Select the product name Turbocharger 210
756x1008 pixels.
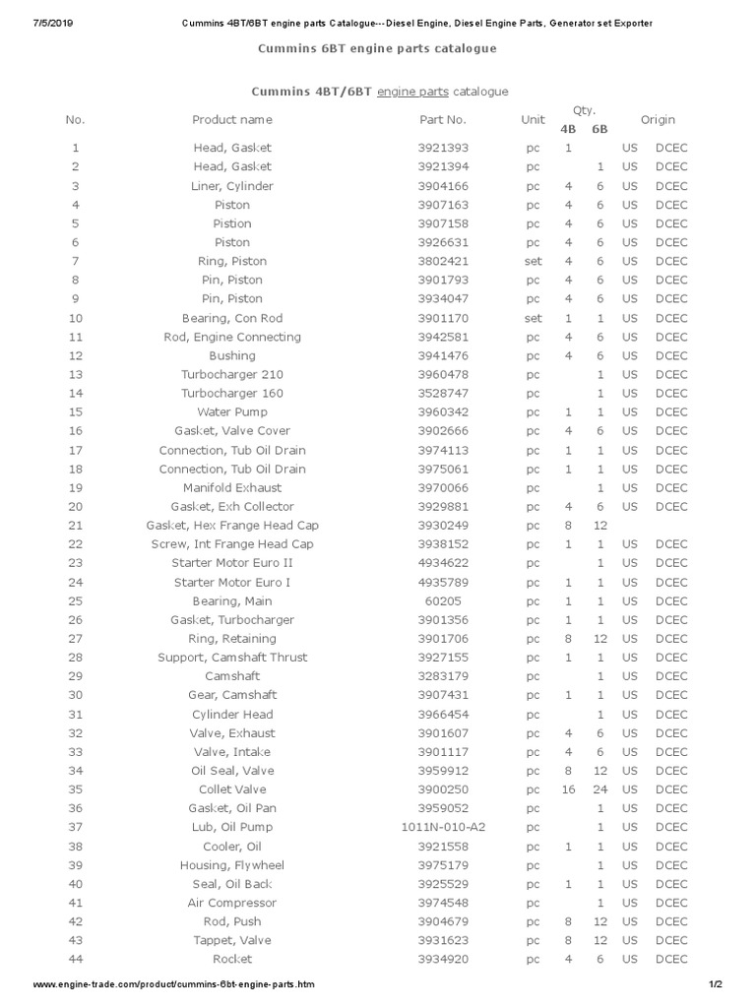(x=232, y=374)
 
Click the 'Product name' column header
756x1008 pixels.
(x=232, y=120)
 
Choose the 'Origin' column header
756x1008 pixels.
(x=658, y=120)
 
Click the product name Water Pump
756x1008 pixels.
(x=232, y=411)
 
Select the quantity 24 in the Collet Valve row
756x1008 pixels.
(x=599, y=789)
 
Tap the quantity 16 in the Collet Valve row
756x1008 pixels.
(x=568, y=789)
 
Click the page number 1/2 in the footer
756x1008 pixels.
(x=716, y=984)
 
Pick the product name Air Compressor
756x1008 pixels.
(x=232, y=903)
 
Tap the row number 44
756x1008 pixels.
(x=76, y=959)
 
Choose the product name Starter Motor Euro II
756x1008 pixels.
(x=232, y=563)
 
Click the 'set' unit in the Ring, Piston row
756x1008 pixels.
(x=533, y=261)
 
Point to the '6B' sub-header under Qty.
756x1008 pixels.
(x=599, y=129)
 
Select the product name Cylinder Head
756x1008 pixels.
(x=232, y=714)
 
